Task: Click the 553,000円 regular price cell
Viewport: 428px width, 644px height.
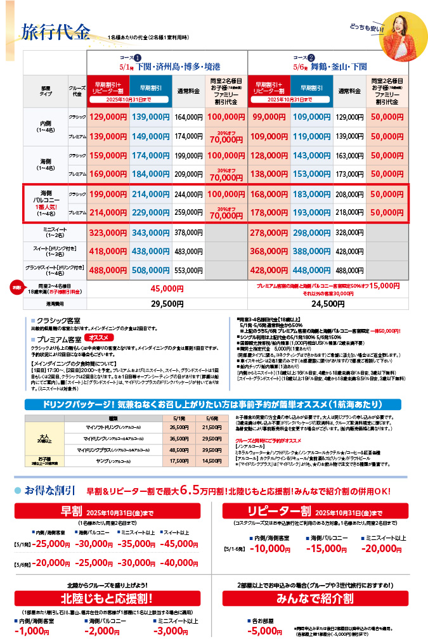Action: coord(188,269)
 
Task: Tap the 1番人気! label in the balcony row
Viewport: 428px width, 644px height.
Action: coord(49,206)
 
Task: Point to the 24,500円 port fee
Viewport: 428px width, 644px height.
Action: coord(333,304)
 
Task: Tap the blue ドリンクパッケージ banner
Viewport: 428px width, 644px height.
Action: coord(214,404)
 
